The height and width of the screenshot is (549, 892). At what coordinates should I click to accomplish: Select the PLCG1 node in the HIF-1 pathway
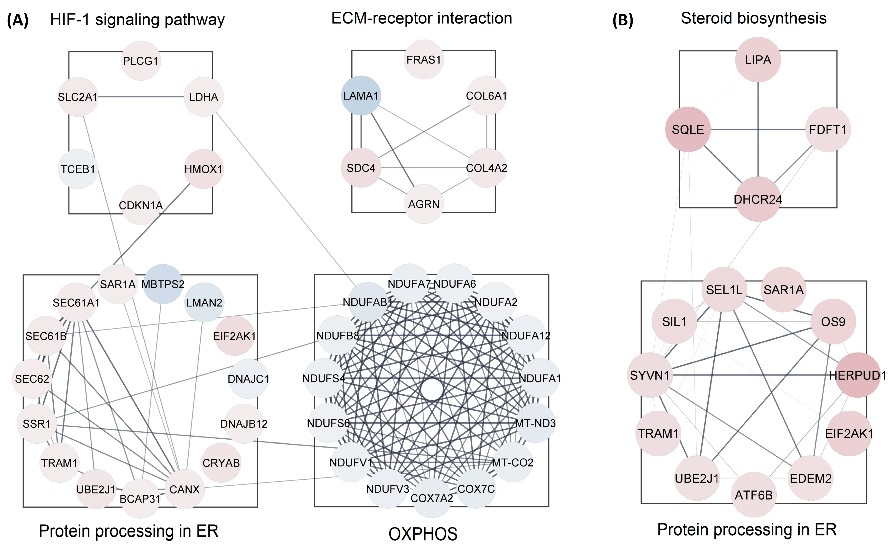point(141,61)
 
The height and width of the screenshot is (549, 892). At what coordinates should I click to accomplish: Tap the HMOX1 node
point(203,169)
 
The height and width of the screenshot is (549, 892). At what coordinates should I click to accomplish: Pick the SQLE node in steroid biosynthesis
point(687,129)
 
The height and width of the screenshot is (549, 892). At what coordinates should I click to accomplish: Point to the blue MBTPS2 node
point(163,284)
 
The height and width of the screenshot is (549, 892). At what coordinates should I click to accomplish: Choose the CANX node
point(184,489)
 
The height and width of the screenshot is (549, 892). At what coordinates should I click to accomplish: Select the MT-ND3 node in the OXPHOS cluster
point(535,423)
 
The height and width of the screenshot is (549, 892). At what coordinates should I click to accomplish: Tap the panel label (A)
point(17,20)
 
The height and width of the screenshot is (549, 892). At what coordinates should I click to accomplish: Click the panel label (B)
point(623,20)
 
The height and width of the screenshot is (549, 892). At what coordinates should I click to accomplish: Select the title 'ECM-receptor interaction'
point(421,18)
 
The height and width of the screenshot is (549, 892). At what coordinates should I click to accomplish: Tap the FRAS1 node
point(424,60)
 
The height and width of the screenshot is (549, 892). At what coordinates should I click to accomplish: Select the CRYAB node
point(221,463)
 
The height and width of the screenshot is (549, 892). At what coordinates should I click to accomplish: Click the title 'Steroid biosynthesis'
point(753,18)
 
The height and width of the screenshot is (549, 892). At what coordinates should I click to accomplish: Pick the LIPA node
point(758,60)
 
